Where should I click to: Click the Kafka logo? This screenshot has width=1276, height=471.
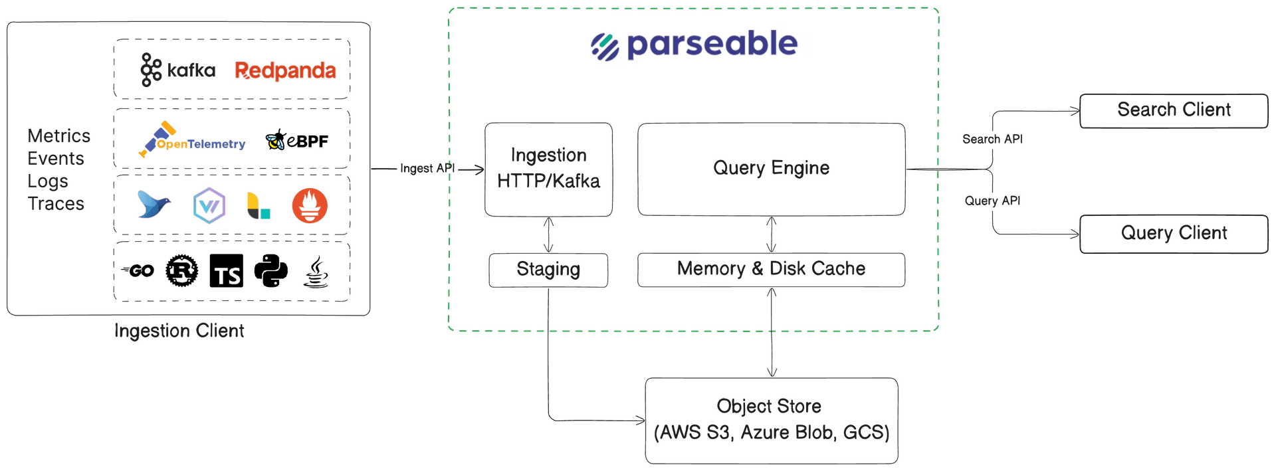[x=177, y=70]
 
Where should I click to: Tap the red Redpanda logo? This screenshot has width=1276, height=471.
[x=285, y=70]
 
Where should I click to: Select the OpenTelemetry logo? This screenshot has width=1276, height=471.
[x=192, y=141]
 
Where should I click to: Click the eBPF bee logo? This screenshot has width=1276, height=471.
[x=296, y=140]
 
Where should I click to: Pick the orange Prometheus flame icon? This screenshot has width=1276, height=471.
[x=310, y=205]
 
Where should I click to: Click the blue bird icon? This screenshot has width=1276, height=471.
[x=154, y=204]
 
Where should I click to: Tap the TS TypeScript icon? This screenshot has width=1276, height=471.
[x=227, y=271]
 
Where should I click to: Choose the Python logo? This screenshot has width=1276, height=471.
[x=271, y=271]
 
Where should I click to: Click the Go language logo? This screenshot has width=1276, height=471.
[x=138, y=270]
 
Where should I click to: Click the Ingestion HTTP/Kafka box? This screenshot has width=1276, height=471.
[x=548, y=169]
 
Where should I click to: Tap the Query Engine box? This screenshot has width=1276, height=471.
[x=771, y=169]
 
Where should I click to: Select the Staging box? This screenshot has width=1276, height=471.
[x=548, y=270]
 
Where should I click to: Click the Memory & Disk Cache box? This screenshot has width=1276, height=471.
[x=771, y=269]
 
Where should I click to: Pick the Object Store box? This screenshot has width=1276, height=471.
[x=771, y=420]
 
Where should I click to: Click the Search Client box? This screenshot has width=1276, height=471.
[x=1174, y=110]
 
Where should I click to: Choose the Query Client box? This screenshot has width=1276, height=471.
[x=1174, y=234]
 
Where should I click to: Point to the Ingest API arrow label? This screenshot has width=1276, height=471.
[x=427, y=169]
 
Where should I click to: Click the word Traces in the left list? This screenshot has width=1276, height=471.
[x=56, y=204]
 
